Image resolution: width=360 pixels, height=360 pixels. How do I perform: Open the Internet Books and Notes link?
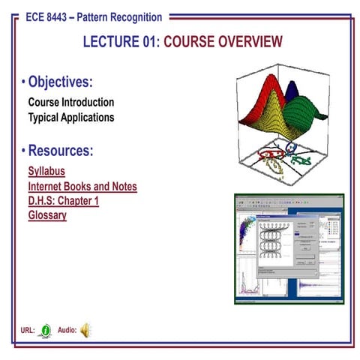(82, 187)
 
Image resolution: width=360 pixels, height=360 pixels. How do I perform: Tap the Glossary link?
(47, 215)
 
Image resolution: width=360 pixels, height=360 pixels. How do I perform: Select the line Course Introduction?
(71, 102)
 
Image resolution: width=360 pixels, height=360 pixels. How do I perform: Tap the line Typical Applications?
(71, 117)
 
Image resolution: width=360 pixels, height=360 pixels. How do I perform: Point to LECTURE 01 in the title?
(121, 42)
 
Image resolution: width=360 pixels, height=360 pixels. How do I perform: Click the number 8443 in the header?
(68, 15)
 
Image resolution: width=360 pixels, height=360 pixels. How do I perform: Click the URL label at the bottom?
(28, 329)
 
